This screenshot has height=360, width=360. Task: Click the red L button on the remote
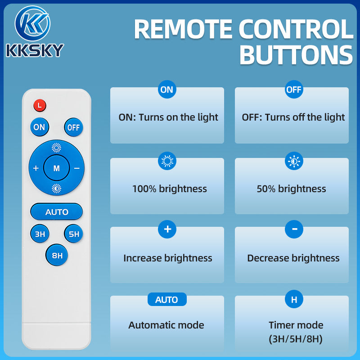(40, 106)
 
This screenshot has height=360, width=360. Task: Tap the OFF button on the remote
(73, 127)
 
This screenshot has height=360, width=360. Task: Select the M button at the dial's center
(57, 168)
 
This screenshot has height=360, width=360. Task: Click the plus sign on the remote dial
(36, 168)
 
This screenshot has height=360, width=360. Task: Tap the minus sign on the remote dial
(77, 168)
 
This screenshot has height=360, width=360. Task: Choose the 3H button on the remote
(40, 234)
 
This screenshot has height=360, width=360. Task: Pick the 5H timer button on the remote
(73, 234)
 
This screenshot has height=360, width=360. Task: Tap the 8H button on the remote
(57, 255)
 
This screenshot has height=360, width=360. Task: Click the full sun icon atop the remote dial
(57, 148)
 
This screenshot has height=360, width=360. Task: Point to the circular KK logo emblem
(32, 23)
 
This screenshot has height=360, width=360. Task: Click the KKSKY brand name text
(35, 50)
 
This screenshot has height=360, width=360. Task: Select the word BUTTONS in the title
(296, 55)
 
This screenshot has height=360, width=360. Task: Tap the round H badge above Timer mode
(294, 299)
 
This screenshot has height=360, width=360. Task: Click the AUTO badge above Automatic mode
(167, 299)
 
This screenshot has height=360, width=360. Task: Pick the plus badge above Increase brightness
(167, 229)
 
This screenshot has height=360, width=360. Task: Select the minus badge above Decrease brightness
(294, 229)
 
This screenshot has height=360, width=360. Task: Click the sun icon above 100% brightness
(167, 161)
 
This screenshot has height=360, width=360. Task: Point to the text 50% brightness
(291, 189)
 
